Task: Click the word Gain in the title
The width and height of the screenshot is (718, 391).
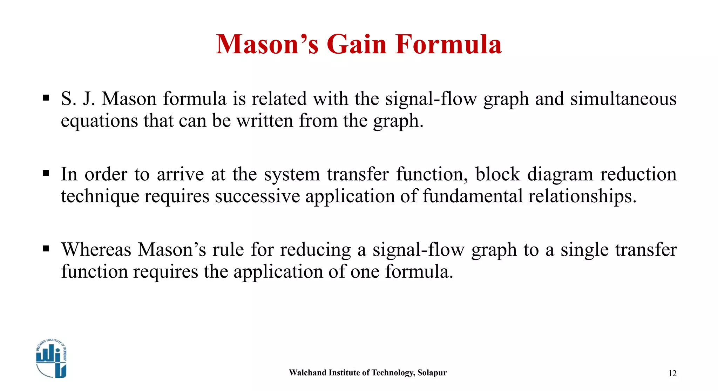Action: point(356,45)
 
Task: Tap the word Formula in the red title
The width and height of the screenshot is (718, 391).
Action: point(448,45)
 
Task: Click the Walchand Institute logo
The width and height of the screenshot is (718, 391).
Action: point(51,359)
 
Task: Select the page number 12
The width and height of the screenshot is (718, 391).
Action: point(672,373)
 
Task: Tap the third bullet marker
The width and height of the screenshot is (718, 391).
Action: point(46,249)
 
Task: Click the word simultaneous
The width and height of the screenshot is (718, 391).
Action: point(623,99)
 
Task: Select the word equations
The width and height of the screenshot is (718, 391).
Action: point(99,121)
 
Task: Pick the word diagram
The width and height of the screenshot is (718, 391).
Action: point(560,174)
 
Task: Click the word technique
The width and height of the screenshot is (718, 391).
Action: point(100,196)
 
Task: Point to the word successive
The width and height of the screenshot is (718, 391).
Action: point(257,196)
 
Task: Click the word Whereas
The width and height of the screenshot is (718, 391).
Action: point(96,250)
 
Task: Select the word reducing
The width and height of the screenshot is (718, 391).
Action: point(315,250)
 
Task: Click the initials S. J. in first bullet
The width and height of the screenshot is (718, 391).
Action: point(78,99)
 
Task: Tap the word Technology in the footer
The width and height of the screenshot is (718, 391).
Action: point(392,373)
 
